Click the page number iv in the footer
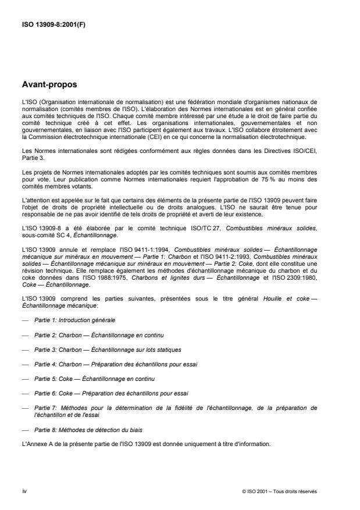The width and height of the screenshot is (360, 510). pyautogui.click(x=24, y=491)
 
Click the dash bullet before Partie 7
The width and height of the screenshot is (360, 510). pyautogui.click(x=25, y=408)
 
